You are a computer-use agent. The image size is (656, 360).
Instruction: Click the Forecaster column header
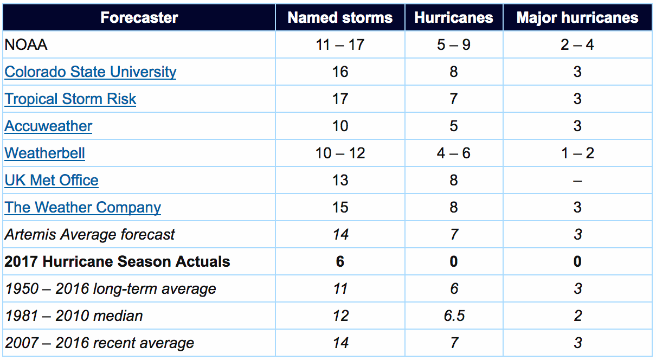click(x=139, y=17)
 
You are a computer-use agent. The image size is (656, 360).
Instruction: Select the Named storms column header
click(x=340, y=17)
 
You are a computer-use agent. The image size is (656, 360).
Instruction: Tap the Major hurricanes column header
click(x=577, y=17)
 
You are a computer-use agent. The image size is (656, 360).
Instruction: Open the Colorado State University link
click(x=91, y=72)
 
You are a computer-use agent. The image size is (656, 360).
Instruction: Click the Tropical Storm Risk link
click(x=70, y=99)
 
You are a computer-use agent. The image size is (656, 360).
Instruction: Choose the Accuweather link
click(x=48, y=126)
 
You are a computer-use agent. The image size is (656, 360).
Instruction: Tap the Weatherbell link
click(x=45, y=153)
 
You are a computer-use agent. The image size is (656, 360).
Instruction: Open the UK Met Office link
click(x=52, y=181)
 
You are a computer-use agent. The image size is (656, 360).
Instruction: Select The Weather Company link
click(x=83, y=208)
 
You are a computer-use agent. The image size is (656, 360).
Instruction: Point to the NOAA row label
click(x=26, y=45)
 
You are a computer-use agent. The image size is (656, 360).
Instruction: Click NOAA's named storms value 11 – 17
click(x=340, y=45)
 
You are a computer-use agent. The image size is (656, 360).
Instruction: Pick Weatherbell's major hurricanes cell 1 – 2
click(x=577, y=153)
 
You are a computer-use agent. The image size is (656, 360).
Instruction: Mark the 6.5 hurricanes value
click(x=454, y=316)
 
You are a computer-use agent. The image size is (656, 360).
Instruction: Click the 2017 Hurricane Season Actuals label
click(x=117, y=262)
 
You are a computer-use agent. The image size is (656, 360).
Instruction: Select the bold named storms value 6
click(x=340, y=262)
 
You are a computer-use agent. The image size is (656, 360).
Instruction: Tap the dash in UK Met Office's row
click(x=577, y=181)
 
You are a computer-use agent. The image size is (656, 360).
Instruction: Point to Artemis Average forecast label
click(x=90, y=235)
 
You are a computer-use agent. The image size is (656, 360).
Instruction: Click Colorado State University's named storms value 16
click(x=340, y=72)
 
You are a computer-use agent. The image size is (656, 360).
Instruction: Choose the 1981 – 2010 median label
click(x=74, y=316)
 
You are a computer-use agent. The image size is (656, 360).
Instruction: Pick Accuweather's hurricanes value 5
click(x=454, y=126)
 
